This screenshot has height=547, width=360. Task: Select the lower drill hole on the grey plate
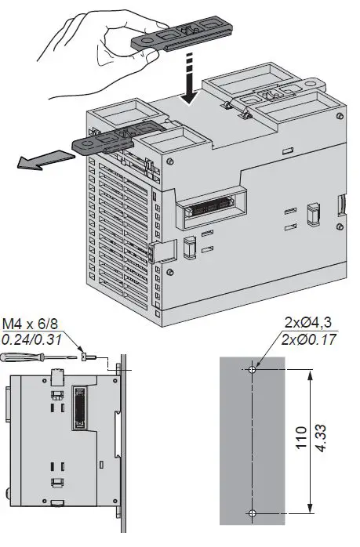252,513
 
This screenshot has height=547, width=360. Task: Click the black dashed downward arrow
188,82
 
